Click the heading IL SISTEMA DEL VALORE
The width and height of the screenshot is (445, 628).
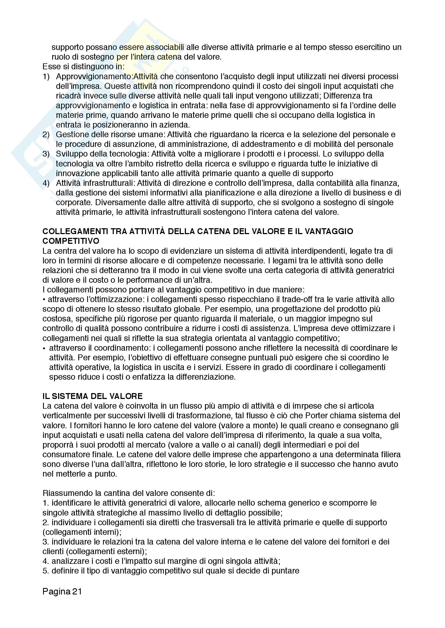[x=92, y=396]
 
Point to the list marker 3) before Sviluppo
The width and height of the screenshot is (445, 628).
[x=46, y=154]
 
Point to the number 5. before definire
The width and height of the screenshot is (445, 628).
[x=45, y=571]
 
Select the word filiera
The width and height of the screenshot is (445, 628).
[x=389, y=454]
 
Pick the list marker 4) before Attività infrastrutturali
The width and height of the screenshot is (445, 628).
[x=46, y=183]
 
